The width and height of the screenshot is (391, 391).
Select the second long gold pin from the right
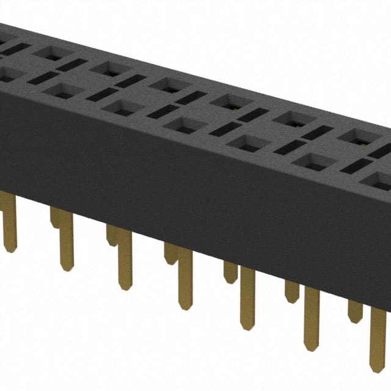(x=312, y=345)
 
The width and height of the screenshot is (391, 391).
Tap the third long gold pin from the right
(x=247, y=324)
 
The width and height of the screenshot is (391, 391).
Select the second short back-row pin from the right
(x=292, y=297)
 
